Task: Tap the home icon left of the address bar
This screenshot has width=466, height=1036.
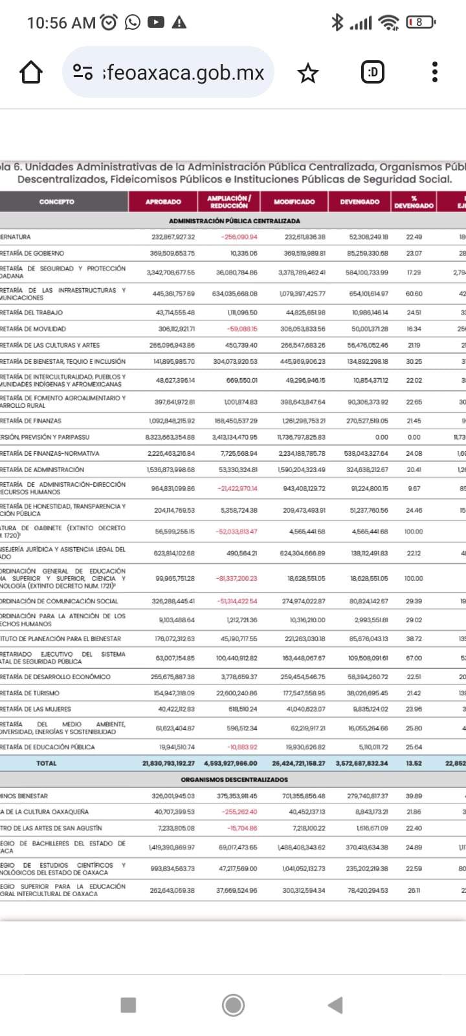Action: (x=31, y=73)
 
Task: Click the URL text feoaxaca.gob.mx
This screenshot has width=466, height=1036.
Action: (x=184, y=73)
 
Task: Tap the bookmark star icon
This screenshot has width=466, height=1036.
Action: (x=308, y=73)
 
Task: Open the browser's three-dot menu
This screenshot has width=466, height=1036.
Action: (x=435, y=72)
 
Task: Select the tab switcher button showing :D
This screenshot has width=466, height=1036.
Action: (x=373, y=72)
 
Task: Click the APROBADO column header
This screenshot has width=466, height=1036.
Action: (x=163, y=202)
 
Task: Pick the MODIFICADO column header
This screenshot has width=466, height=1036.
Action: (x=294, y=202)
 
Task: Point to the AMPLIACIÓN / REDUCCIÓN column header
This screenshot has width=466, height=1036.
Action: (x=229, y=202)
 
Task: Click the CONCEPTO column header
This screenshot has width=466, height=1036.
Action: (x=57, y=202)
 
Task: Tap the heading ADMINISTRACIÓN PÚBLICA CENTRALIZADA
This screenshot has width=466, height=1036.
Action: (x=234, y=221)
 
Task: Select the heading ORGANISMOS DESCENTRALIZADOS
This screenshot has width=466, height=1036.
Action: (x=234, y=780)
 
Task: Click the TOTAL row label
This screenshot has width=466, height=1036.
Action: (x=47, y=763)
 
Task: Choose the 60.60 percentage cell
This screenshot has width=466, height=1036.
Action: (x=414, y=294)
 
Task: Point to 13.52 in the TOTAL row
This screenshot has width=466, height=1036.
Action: (x=414, y=763)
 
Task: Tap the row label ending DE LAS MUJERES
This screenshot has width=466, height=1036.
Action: (x=36, y=709)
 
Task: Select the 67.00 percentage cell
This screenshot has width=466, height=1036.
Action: (x=414, y=658)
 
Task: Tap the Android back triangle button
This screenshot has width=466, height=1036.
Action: (x=335, y=1005)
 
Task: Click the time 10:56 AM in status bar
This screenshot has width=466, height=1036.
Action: (x=61, y=23)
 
